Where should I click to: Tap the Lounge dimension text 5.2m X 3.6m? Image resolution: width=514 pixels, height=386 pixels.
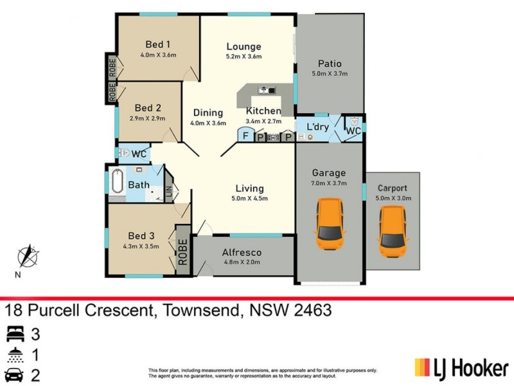coord(244,57)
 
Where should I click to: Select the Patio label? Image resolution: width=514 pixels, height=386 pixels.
coord(330,64)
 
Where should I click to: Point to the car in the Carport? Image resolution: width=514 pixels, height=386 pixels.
coord(393,232)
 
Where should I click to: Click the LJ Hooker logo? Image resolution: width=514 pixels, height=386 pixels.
coord(461,368)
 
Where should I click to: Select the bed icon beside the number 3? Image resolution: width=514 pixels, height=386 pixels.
coord(14,333)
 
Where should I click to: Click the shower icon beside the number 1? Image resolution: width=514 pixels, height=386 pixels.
coord(14,354)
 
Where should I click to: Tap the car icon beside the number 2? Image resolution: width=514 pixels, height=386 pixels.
coord(14,376)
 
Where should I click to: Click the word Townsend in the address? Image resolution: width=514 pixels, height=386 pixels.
coord(199,311)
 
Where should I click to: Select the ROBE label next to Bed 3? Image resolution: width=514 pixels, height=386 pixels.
coord(183,250)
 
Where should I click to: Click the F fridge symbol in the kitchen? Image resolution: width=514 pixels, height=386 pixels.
coord(245,136)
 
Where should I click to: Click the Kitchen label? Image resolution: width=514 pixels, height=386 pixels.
coord(263,111)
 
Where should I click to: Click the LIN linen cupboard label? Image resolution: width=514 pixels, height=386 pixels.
coord(169,191)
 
